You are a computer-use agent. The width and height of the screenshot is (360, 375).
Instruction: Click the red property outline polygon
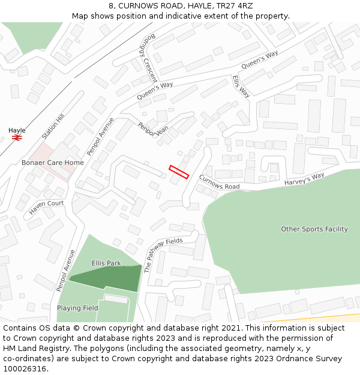[x=179, y=172]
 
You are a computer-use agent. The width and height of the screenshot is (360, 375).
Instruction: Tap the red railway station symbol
[x=17, y=137]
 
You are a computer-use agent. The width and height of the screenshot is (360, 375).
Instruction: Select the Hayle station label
[x=17, y=130]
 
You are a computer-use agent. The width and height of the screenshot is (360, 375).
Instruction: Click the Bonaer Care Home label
[x=53, y=163]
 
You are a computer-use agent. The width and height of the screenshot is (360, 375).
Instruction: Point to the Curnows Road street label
[x=219, y=182]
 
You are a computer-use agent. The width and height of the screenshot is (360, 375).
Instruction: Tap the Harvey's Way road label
[x=304, y=179]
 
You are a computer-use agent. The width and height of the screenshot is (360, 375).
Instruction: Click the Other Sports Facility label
[x=314, y=229]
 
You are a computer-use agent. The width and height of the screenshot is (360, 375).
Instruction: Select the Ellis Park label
[x=106, y=263]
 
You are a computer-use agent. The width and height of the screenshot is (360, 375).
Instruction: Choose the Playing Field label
[x=77, y=308]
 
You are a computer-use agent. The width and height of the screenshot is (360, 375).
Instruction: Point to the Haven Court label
[x=46, y=208]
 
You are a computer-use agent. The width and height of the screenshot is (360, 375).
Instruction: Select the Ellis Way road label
[x=241, y=86]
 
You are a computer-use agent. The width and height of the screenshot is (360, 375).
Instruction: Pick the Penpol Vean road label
[x=153, y=130]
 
